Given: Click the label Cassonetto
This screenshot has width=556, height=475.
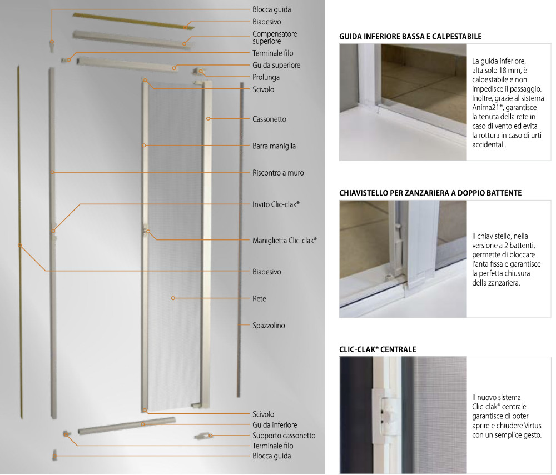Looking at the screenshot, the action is [x=269, y=119].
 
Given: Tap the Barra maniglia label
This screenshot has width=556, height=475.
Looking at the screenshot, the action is [x=274, y=146].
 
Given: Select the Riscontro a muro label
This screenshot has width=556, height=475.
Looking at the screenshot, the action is [x=278, y=173].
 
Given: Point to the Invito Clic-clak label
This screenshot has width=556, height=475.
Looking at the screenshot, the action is [x=276, y=204].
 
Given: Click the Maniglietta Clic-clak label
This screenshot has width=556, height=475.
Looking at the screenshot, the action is [x=284, y=241].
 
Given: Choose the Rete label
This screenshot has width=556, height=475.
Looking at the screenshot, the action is [x=259, y=298].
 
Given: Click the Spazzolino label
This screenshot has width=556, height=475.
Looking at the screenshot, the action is [x=269, y=326].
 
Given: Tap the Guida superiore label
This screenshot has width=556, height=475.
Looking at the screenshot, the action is [x=276, y=65].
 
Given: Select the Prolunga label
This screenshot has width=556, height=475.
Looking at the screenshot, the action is [x=266, y=77].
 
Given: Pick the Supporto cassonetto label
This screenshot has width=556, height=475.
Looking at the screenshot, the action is [x=284, y=436].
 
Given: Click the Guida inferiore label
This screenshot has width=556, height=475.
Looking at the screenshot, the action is [x=275, y=424].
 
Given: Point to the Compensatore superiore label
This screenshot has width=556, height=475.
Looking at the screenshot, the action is [x=275, y=38].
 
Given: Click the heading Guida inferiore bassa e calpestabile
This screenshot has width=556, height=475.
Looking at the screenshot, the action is [x=410, y=37].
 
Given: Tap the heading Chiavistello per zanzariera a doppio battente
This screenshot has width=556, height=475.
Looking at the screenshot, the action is [x=430, y=193].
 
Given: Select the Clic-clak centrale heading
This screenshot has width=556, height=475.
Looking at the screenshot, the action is [x=378, y=349].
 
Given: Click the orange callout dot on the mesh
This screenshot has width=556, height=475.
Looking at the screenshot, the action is [x=173, y=298].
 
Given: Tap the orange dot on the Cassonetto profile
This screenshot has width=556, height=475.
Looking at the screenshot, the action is [x=209, y=119].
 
